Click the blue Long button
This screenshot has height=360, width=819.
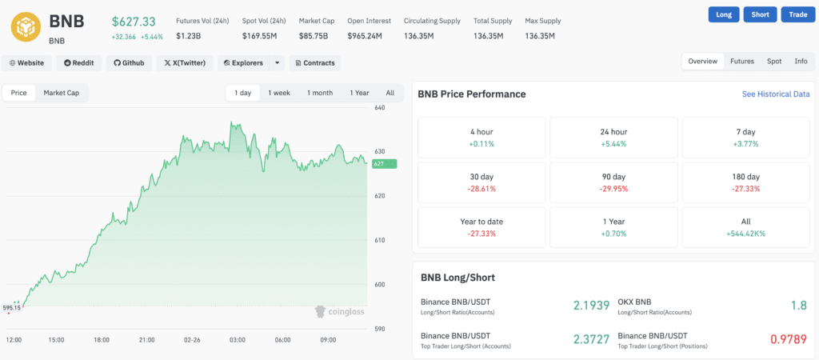(x=723, y=14)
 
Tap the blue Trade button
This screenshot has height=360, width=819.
(x=797, y=14)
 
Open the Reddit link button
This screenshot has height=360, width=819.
(x=78, y=62)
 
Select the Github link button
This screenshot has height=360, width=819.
(x=129, y=62)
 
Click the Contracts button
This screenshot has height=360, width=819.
(x=314, y=62)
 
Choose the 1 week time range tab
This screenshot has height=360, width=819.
(x=279, y=93)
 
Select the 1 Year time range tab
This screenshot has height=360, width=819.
(x=359, y=93)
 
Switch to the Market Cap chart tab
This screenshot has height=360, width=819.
(x=61, y=93)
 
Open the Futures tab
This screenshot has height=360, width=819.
(x=741, y=61)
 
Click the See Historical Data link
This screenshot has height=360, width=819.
(x=775, y=94)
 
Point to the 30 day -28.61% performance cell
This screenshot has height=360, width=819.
(x=481, y=182)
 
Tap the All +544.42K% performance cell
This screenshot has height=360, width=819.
(x=745, y=227)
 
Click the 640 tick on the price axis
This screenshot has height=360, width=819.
(x=379, y=107)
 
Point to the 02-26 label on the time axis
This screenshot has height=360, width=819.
(x=192, y=340)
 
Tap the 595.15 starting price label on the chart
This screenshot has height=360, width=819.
(x=11, y=307)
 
